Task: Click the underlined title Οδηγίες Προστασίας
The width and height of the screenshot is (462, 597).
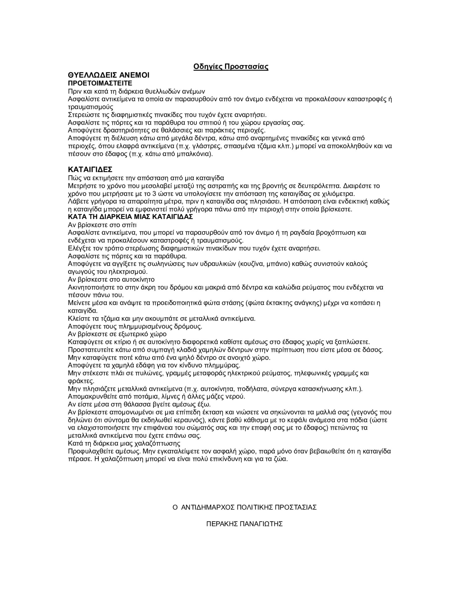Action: pyautogui.click(x=231, y=67)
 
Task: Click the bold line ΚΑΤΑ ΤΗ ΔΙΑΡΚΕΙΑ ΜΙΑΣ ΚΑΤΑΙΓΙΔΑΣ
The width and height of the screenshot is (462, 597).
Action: pyautogui.click(x=130, y=217)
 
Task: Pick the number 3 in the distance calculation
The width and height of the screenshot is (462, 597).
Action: pyautogui.click(x=155, y=194)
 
